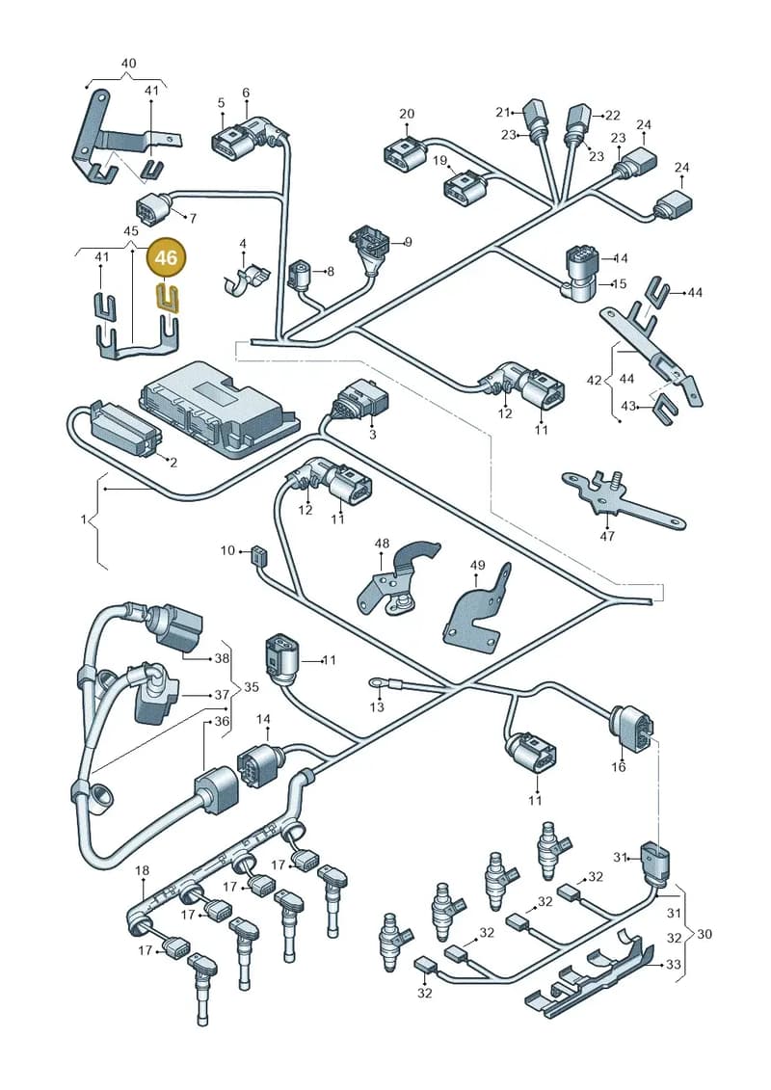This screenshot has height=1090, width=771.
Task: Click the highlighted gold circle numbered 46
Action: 166,258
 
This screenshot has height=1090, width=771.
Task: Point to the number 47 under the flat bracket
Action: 607,536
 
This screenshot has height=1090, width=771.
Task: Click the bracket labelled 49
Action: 478,607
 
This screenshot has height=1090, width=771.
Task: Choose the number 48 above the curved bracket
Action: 382,543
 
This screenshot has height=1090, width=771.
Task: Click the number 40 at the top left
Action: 128,63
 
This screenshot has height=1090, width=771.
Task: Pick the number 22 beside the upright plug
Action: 613,115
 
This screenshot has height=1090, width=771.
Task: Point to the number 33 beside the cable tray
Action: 673,964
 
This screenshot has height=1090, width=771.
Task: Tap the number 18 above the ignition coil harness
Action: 142,869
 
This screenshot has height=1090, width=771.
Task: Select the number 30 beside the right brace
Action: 705,934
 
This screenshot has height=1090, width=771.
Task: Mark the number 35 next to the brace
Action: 251,687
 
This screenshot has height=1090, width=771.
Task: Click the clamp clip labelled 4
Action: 246,279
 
